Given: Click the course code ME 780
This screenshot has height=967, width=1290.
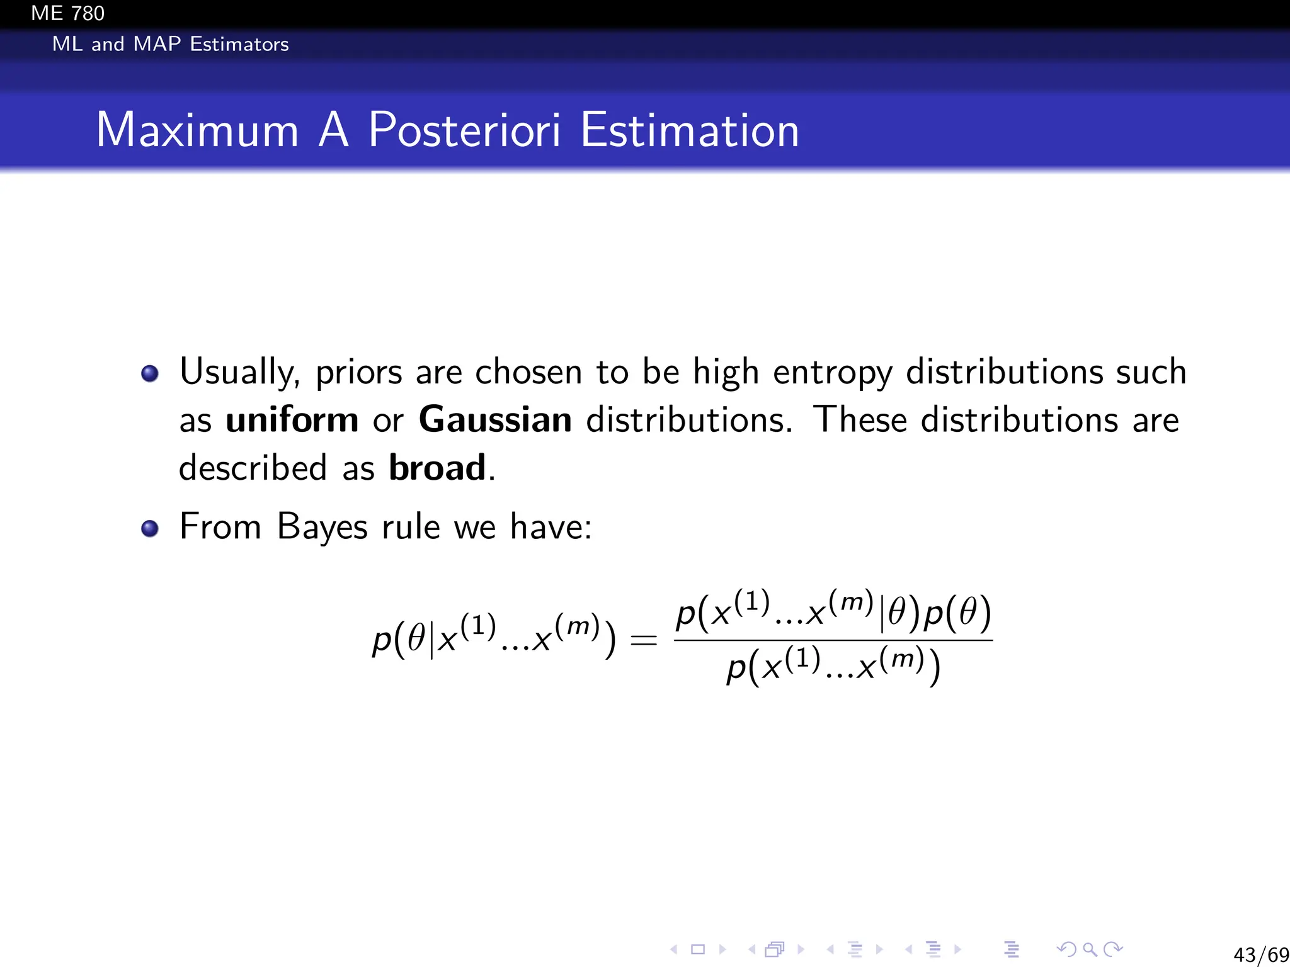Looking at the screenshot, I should coord(67,13).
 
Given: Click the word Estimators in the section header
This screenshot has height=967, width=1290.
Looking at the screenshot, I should coord(239,44).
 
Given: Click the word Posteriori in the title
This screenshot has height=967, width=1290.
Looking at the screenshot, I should coord(464,130).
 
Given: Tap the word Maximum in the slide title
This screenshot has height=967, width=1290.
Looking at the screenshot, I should coord(197,130).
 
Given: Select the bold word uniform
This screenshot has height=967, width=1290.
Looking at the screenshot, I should coord(292,419).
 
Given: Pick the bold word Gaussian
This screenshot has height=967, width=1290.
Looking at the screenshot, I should coord(495,419).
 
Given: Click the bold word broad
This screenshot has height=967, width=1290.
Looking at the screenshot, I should coord(437,468).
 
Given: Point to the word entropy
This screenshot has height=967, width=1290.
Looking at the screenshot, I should coord(832,373).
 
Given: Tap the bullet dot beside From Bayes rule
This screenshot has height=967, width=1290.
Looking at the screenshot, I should coord(150,528).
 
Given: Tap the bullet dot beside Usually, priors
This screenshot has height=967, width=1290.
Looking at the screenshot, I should coord(150,373).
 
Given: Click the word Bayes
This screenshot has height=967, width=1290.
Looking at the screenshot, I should coord(322,526).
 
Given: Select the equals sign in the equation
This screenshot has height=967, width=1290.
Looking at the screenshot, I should coord(643,641).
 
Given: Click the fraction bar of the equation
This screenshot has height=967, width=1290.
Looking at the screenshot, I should coord(833,640).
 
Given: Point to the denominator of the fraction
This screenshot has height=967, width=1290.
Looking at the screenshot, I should coord(833,667).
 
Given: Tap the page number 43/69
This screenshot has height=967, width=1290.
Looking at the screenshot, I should coord(1260,954).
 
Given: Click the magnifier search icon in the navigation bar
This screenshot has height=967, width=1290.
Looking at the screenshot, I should coord(1089,949).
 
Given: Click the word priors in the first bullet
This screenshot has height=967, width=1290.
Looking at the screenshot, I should coord(358,373).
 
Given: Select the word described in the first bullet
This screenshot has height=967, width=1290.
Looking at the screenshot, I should coord(253,468).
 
